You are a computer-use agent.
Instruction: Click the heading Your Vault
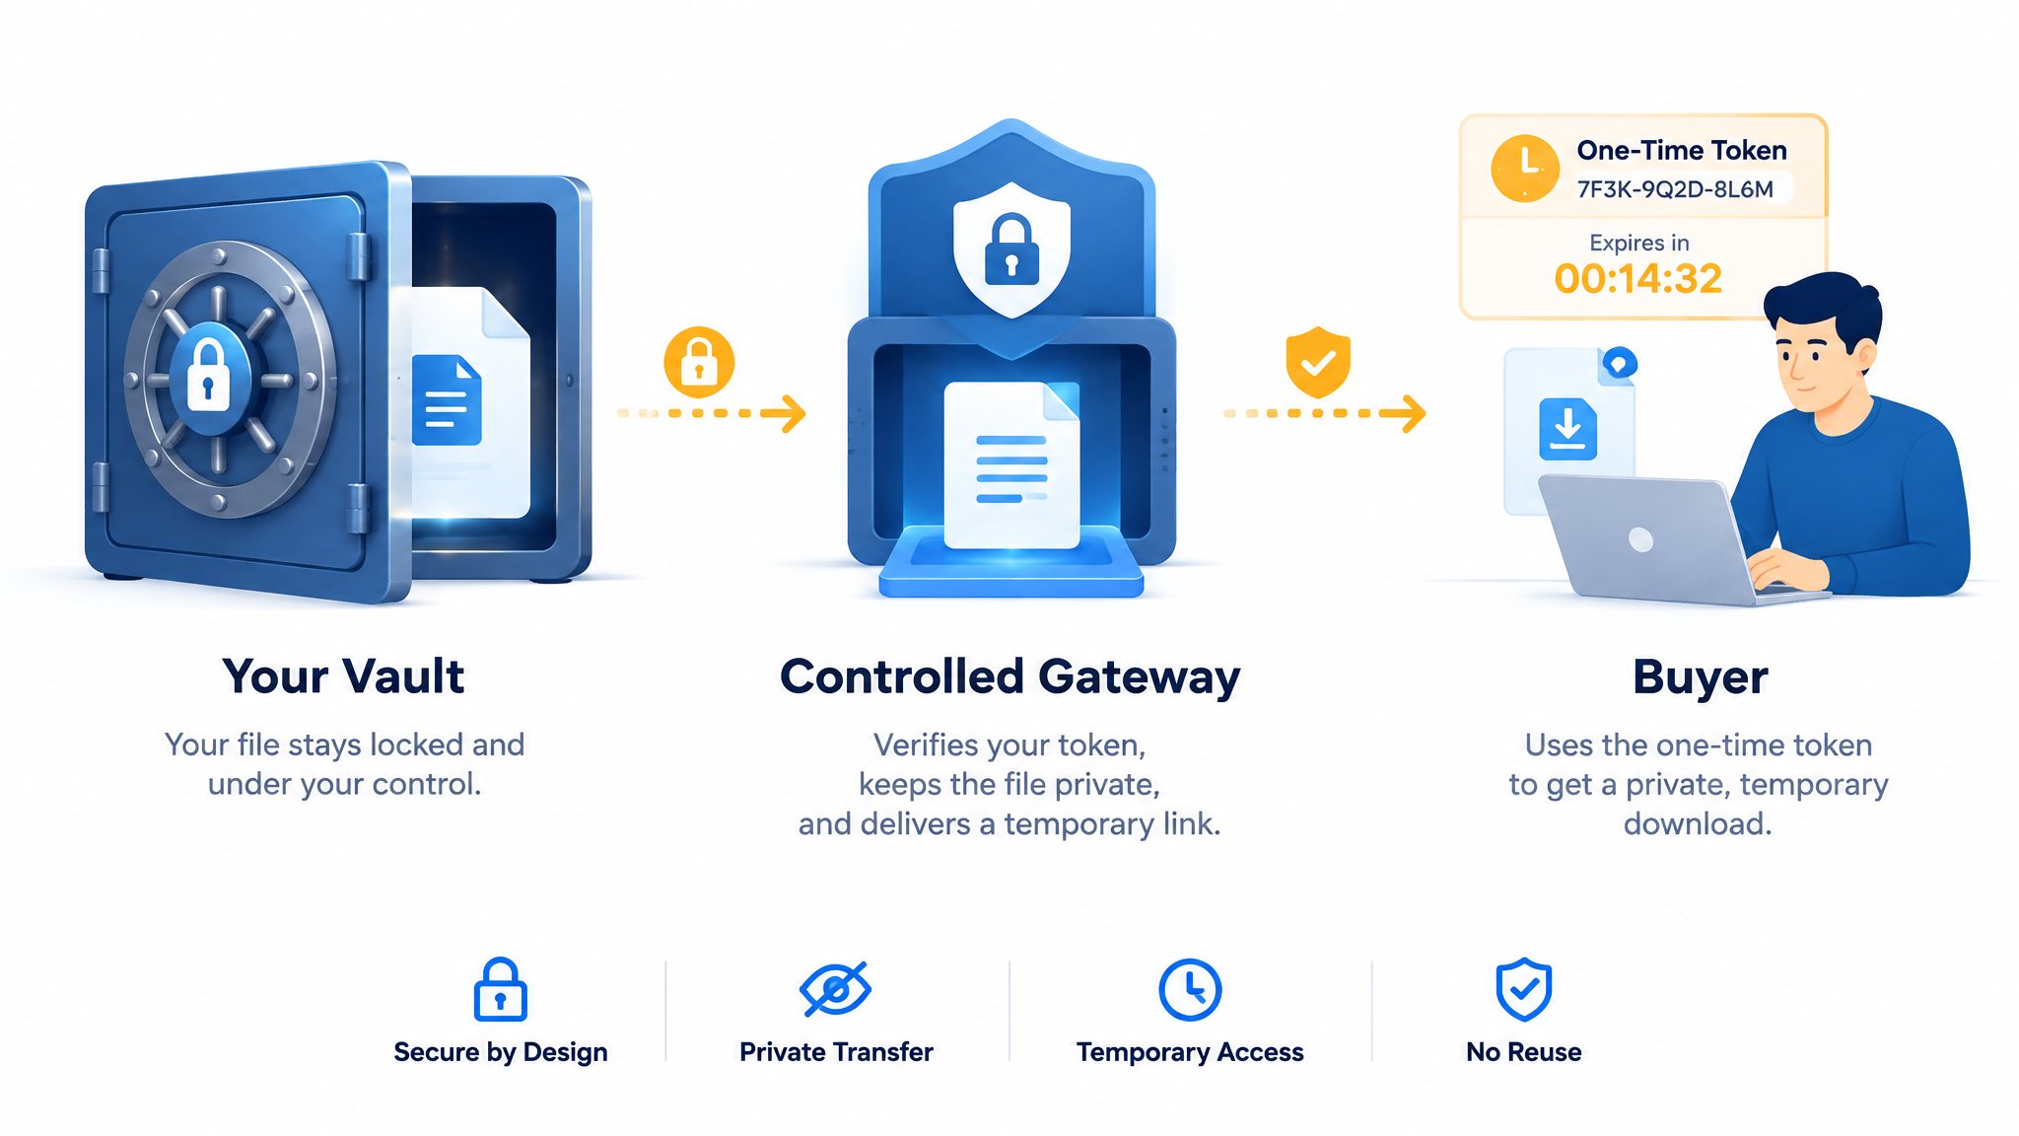click(343, 676)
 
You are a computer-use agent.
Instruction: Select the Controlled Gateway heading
click(1009, 677)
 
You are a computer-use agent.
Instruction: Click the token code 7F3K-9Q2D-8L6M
click(1675, 189)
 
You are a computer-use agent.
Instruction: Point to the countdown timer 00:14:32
click(1638, 279)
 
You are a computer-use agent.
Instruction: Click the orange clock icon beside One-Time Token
click(1525, 169)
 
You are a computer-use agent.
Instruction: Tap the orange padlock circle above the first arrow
click(699, 362)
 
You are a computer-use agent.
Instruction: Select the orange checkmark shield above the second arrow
click(1318, 362)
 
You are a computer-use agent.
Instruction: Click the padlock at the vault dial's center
click(208, 376)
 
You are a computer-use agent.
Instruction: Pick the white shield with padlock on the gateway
click(1011, 248)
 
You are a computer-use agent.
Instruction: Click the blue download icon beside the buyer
click(1567, 429)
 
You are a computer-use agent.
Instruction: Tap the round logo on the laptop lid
click(1640, 539)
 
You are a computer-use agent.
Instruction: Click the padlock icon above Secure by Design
click(501, 989)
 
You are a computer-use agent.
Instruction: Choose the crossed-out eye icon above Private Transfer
click(835, 988)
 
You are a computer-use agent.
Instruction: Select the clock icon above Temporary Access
click(1190, 989)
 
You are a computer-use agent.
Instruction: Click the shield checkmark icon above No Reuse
click(1524, 989)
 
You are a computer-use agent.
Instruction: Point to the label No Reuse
click(1524, 1052)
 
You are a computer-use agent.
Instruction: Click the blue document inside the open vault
click(447, 399)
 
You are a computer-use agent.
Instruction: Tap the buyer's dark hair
click(1824, 306)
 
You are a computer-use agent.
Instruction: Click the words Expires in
click(1639, 243)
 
